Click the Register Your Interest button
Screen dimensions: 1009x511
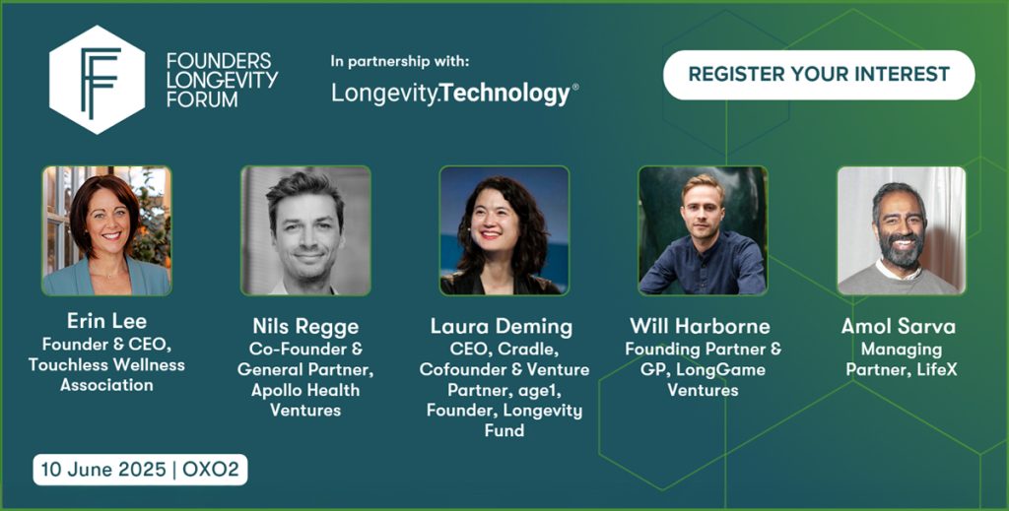point(819,75)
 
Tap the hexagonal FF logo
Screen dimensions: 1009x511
point(98,80)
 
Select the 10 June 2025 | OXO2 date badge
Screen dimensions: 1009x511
point(140,470)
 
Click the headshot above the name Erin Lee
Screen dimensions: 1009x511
point(106,230)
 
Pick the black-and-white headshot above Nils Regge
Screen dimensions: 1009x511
point(305,230)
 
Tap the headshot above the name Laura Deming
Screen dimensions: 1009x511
point(504,230)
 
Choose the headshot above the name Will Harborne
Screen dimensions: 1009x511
point(703,230)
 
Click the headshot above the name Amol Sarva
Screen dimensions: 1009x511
point(902,230)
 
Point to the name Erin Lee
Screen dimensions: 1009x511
point(106,321)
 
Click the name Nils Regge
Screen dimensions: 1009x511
point(305,327)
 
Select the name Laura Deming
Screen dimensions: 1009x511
point(502,327)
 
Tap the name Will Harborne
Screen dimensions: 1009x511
point(701,326)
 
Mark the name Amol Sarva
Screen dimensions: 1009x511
point(899,326)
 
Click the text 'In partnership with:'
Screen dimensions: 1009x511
point(400,62)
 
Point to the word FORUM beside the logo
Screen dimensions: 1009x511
point(202,99)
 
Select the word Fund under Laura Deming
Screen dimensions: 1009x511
point(504,430)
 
